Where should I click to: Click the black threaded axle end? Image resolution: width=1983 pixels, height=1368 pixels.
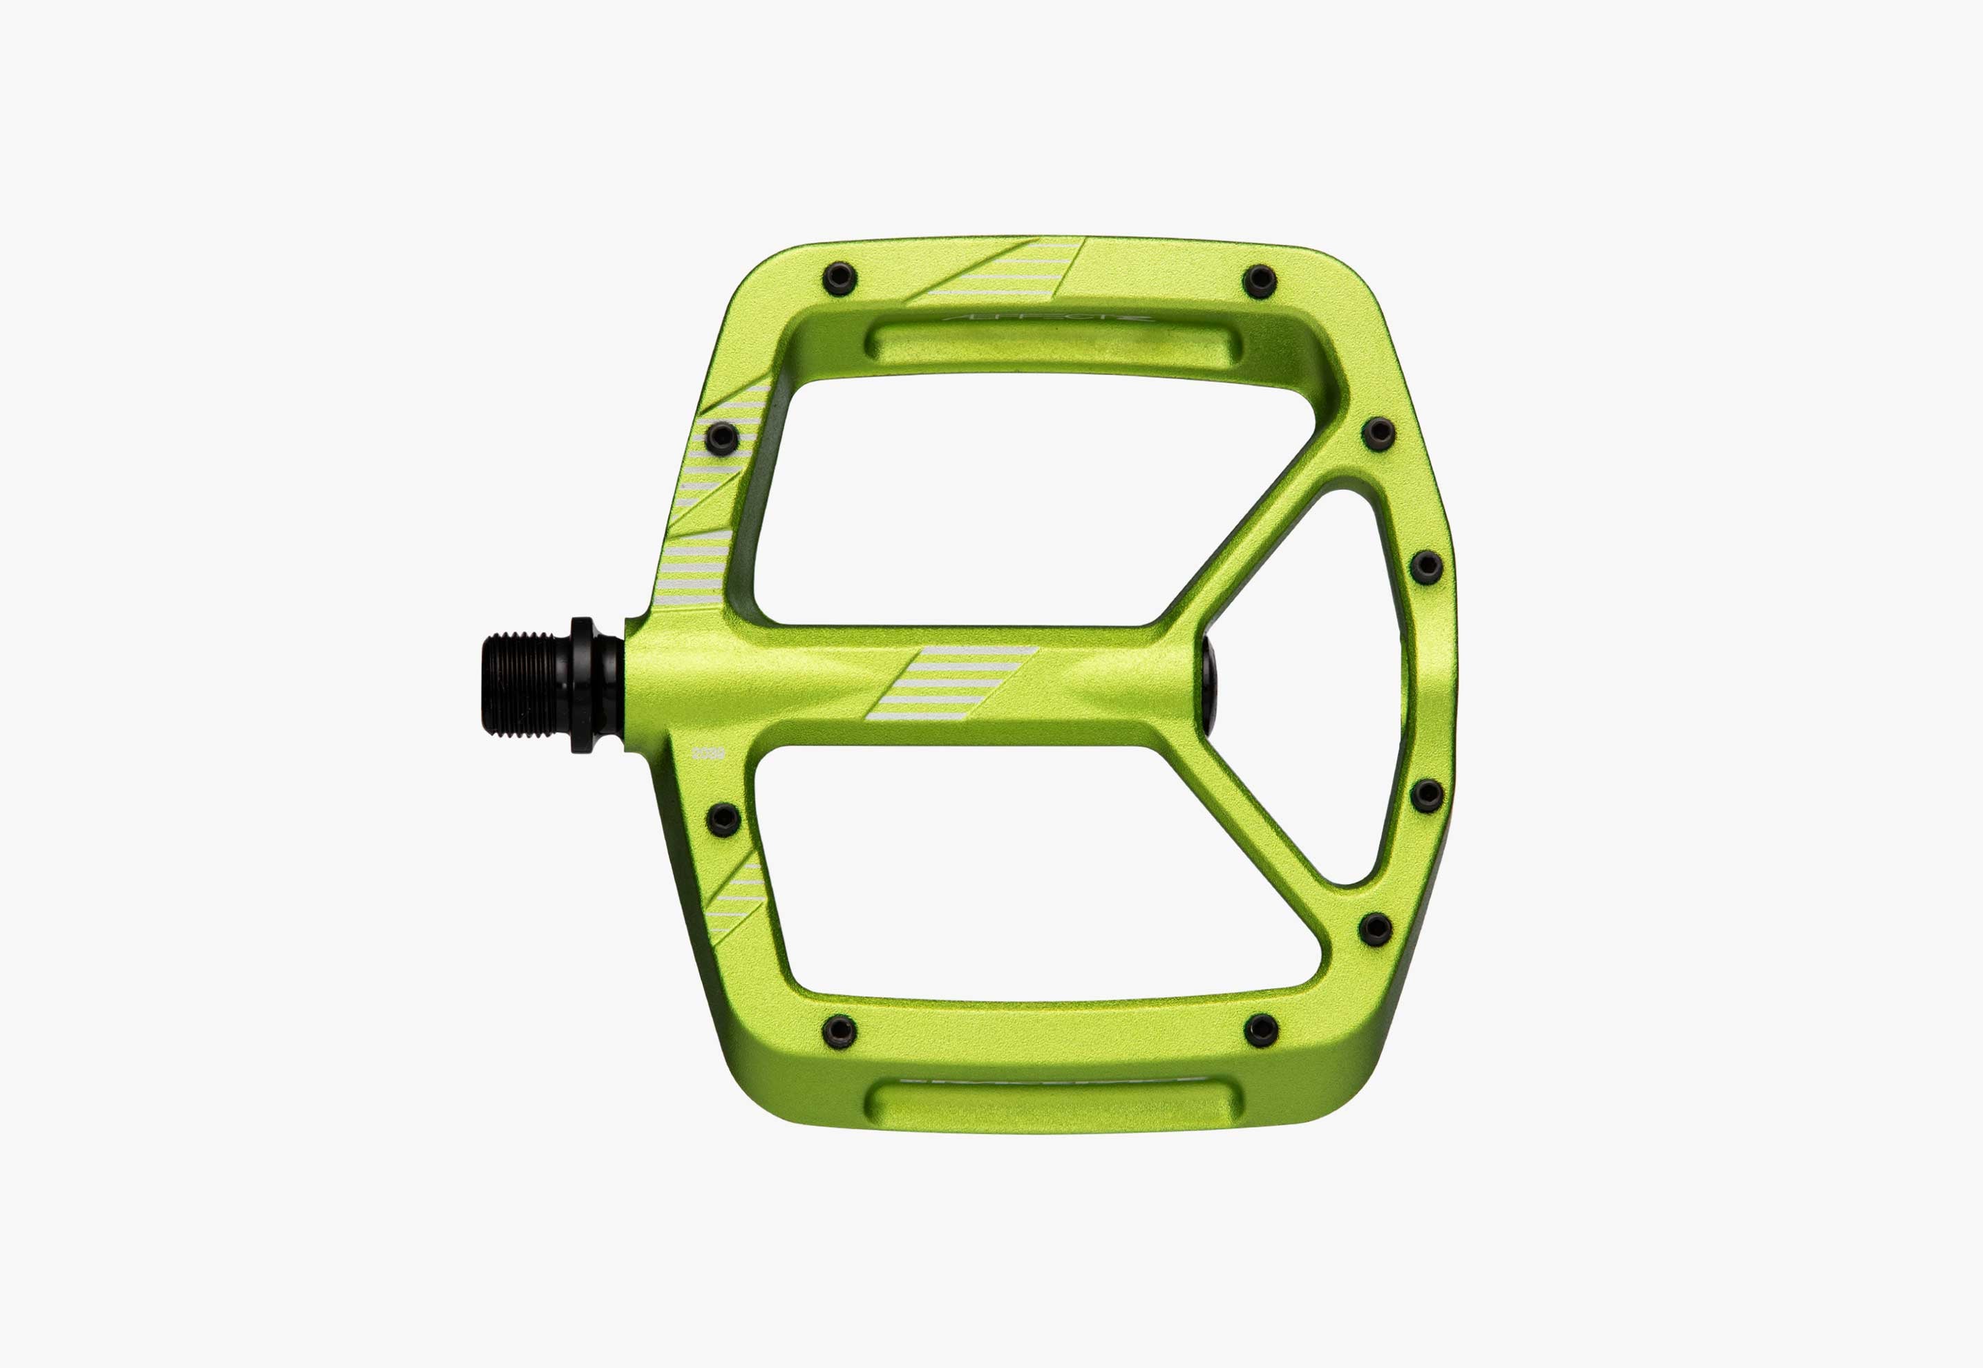[x=527, y=685]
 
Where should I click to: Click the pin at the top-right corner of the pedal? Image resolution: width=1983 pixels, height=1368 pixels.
[x=1260, y=281]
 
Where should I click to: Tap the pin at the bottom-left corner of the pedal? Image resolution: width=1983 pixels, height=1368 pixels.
[x=839, y=1030]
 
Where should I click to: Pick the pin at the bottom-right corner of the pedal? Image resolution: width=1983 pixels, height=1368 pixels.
[x=1260, y=1029]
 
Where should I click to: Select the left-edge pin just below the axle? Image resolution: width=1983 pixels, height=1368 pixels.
[x=724, y=819]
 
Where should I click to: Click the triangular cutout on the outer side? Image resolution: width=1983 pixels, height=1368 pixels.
[x=1311, y=685]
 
